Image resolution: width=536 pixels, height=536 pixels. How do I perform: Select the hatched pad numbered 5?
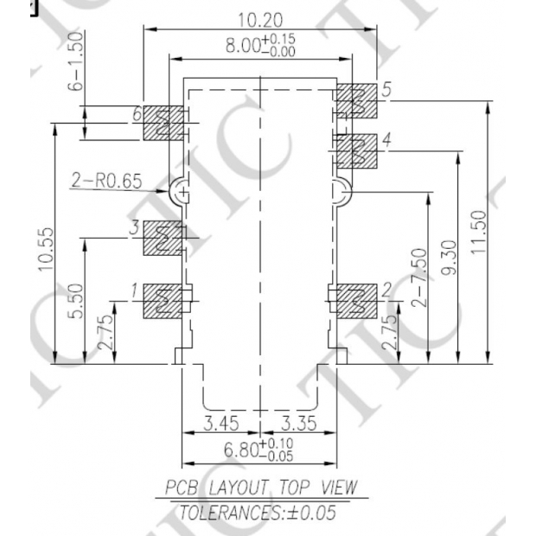coord(355,101)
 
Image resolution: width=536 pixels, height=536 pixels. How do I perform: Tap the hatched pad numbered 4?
coord(355,152)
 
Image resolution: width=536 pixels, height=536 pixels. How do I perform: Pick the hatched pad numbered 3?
coord(163,238)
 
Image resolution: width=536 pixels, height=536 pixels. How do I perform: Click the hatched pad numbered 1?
coord(163,299)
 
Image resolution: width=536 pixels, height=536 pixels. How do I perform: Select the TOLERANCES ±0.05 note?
coord(257,512)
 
